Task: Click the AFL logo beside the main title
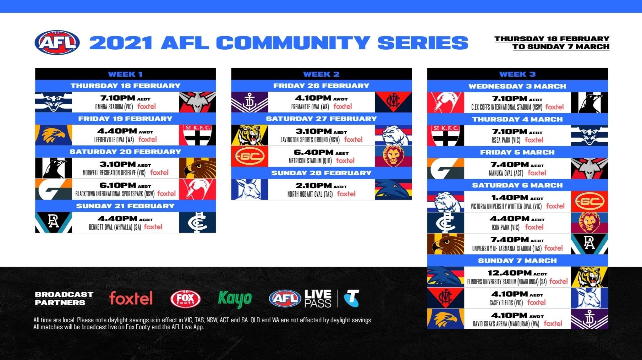(57, 42)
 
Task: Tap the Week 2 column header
(321, 74)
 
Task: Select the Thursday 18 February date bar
(125, 86)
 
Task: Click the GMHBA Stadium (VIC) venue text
(114, 107)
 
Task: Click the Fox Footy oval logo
(185, 299)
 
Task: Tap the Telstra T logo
(351, 298)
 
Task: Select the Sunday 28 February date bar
(321, 173)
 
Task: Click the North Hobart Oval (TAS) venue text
(310, 194)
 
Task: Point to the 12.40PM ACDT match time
(517, 273)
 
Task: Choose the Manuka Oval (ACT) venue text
(506, 173)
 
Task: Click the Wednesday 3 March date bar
(517, 86)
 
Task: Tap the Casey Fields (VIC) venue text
(506, 303)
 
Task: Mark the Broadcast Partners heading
(64, 298)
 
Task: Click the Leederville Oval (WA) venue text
(114, 140)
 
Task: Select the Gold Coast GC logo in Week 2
(250, 156)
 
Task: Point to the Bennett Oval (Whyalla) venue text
(115, 227)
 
